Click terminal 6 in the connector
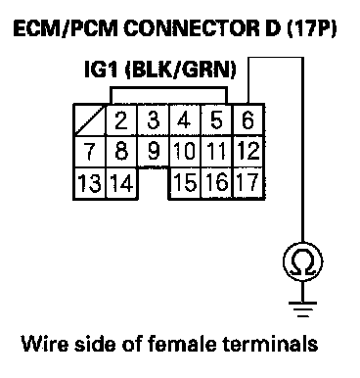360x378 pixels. pos(247,119)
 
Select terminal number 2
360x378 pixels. pos(121,119)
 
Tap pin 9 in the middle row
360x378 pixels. pos(154,152)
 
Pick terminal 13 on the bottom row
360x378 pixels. pos(89,182)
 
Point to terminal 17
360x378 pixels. pos(247,182)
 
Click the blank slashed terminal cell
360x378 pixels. pos(89,119)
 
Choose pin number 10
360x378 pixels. pos(185,152)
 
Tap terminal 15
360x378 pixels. pos(185,182)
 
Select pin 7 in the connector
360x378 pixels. pos(89,152)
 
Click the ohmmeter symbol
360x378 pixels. pos(303,261)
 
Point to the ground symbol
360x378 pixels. pos(303,308)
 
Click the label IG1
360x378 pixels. pos(101,70)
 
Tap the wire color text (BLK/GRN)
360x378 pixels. pos(181,70)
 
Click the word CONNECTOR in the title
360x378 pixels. pos(192,29)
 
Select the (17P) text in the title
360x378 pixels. pos(311,29)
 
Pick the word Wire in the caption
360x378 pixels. pos(45,344)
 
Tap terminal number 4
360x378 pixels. pos(185,119)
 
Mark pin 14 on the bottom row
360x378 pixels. pos(121,182)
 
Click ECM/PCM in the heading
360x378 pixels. pos(66,29)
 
